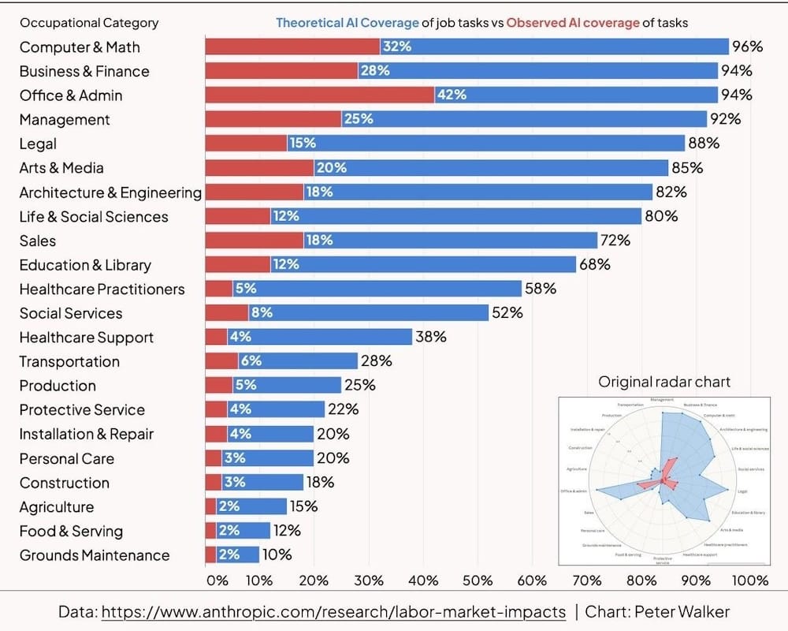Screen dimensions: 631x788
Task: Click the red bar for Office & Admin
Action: coord(319,95)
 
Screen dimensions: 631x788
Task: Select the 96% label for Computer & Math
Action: coord(747,47)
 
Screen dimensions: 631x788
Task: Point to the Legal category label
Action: coord(38,144)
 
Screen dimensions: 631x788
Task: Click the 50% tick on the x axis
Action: coord(478,581)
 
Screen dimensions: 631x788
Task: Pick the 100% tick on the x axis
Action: coord(749,581)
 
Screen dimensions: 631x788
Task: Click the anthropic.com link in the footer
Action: coord(333,611)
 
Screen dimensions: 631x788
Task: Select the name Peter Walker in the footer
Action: coord(687,611)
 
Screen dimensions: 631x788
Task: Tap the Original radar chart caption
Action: coord(664,382)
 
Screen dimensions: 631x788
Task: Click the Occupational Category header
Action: coord(89,23)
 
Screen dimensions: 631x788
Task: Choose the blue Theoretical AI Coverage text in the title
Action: coord(347,23)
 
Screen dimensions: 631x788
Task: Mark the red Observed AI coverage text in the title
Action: coord(573,23)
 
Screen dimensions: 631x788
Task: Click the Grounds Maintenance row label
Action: coord(95,555)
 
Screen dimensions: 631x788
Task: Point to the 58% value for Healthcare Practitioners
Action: coord(541,289)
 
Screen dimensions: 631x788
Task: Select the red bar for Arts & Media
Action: coord(259,168)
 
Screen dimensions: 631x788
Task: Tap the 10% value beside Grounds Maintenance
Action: coord(277,555)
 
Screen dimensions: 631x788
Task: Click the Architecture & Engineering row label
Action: coord(110,192)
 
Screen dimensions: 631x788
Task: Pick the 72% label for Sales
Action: coord(615,241)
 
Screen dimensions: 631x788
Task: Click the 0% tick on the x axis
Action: coord(216,581)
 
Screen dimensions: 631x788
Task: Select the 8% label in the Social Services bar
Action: coord(262,313)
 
